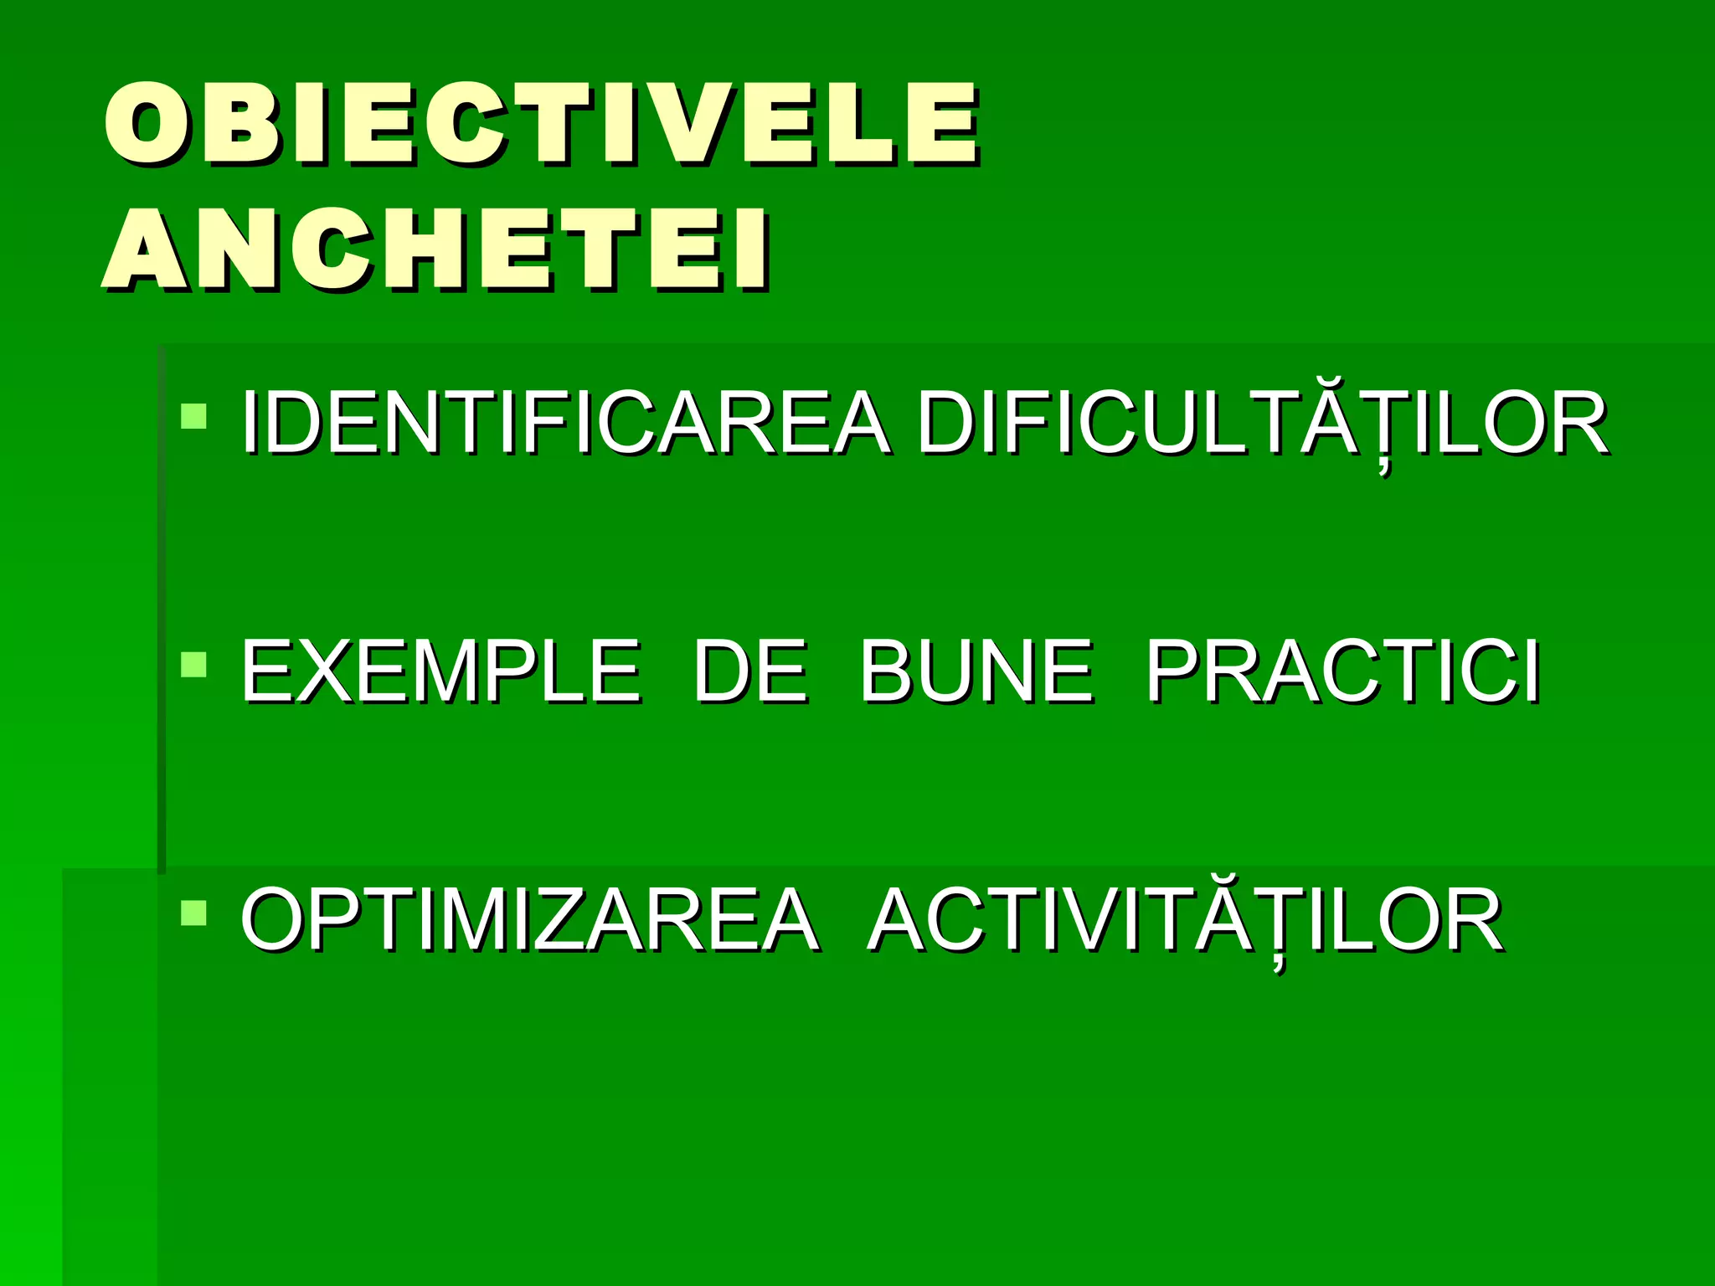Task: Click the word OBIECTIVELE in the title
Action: coord(540,123)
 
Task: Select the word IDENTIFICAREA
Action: coord(564,423)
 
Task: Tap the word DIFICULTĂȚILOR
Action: coord(1261,423)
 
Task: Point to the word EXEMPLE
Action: coord(440,671)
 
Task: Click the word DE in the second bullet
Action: coord(749,671)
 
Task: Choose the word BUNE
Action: coord(976,671)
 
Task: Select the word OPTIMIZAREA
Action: coord(528,920)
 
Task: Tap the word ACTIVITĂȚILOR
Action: coord(1185,920)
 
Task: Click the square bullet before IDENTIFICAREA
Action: coord(193,416)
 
